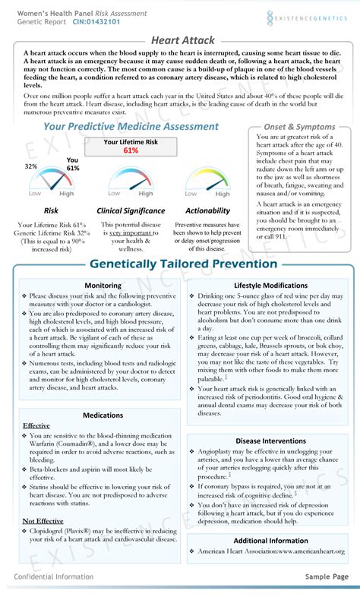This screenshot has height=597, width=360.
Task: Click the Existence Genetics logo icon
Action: click(273, 17)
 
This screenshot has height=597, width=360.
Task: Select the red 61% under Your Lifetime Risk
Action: click(131, 150)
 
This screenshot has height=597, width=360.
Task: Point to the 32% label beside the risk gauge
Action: click(31, 166)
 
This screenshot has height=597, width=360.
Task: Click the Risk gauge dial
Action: click(52, 183)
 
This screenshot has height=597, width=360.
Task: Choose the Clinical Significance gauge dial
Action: click(131, 183)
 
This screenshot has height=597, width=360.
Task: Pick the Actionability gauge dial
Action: click(207, 183)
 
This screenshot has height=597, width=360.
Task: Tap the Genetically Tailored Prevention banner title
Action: click(182, 264)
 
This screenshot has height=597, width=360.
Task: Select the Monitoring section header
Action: click(103, 285)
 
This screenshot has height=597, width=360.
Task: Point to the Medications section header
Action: click(103, 415)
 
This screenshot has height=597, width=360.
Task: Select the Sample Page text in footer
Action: click(327, 577)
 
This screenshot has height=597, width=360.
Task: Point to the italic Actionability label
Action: click(207, 210)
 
